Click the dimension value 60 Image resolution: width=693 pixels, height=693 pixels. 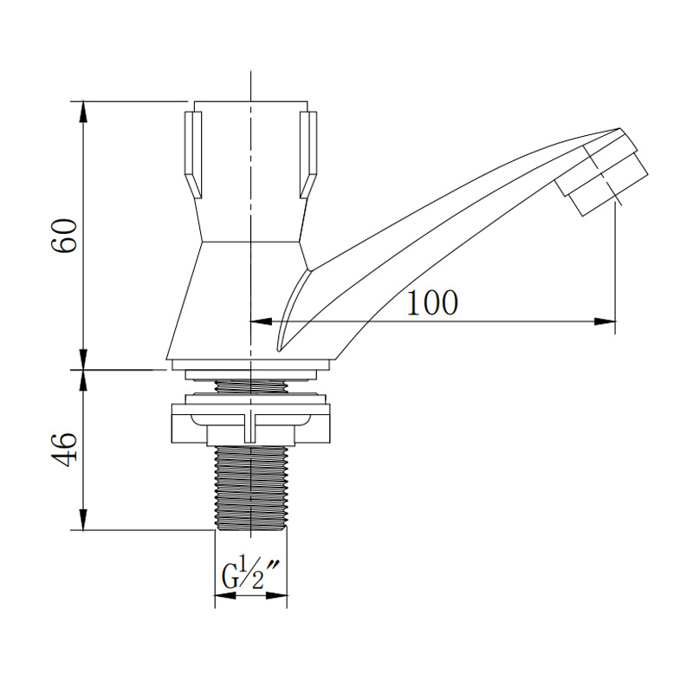(64, 235)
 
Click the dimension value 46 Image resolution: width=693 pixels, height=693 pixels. (64, 449)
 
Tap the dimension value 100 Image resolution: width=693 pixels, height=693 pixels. (432, 302)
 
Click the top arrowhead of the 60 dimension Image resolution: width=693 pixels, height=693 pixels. (83, 112)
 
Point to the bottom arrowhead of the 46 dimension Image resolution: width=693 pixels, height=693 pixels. (83, 520)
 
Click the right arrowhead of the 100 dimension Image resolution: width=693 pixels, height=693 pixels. (605, 321)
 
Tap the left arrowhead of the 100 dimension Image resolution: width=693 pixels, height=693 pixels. (262, 321)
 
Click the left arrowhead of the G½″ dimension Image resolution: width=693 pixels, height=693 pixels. (225, 596)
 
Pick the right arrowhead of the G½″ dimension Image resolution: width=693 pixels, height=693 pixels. (276, 596)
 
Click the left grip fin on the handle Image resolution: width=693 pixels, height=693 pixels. (193, 155)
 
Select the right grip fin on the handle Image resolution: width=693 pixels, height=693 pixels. (308, 155)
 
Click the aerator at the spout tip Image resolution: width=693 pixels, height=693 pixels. (602, 174)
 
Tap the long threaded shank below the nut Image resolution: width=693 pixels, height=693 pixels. (251, 488)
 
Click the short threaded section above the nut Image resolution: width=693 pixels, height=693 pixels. (251, 385)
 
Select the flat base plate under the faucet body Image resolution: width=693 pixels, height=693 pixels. (251, 365)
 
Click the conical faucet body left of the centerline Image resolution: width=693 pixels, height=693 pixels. (209, 301)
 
